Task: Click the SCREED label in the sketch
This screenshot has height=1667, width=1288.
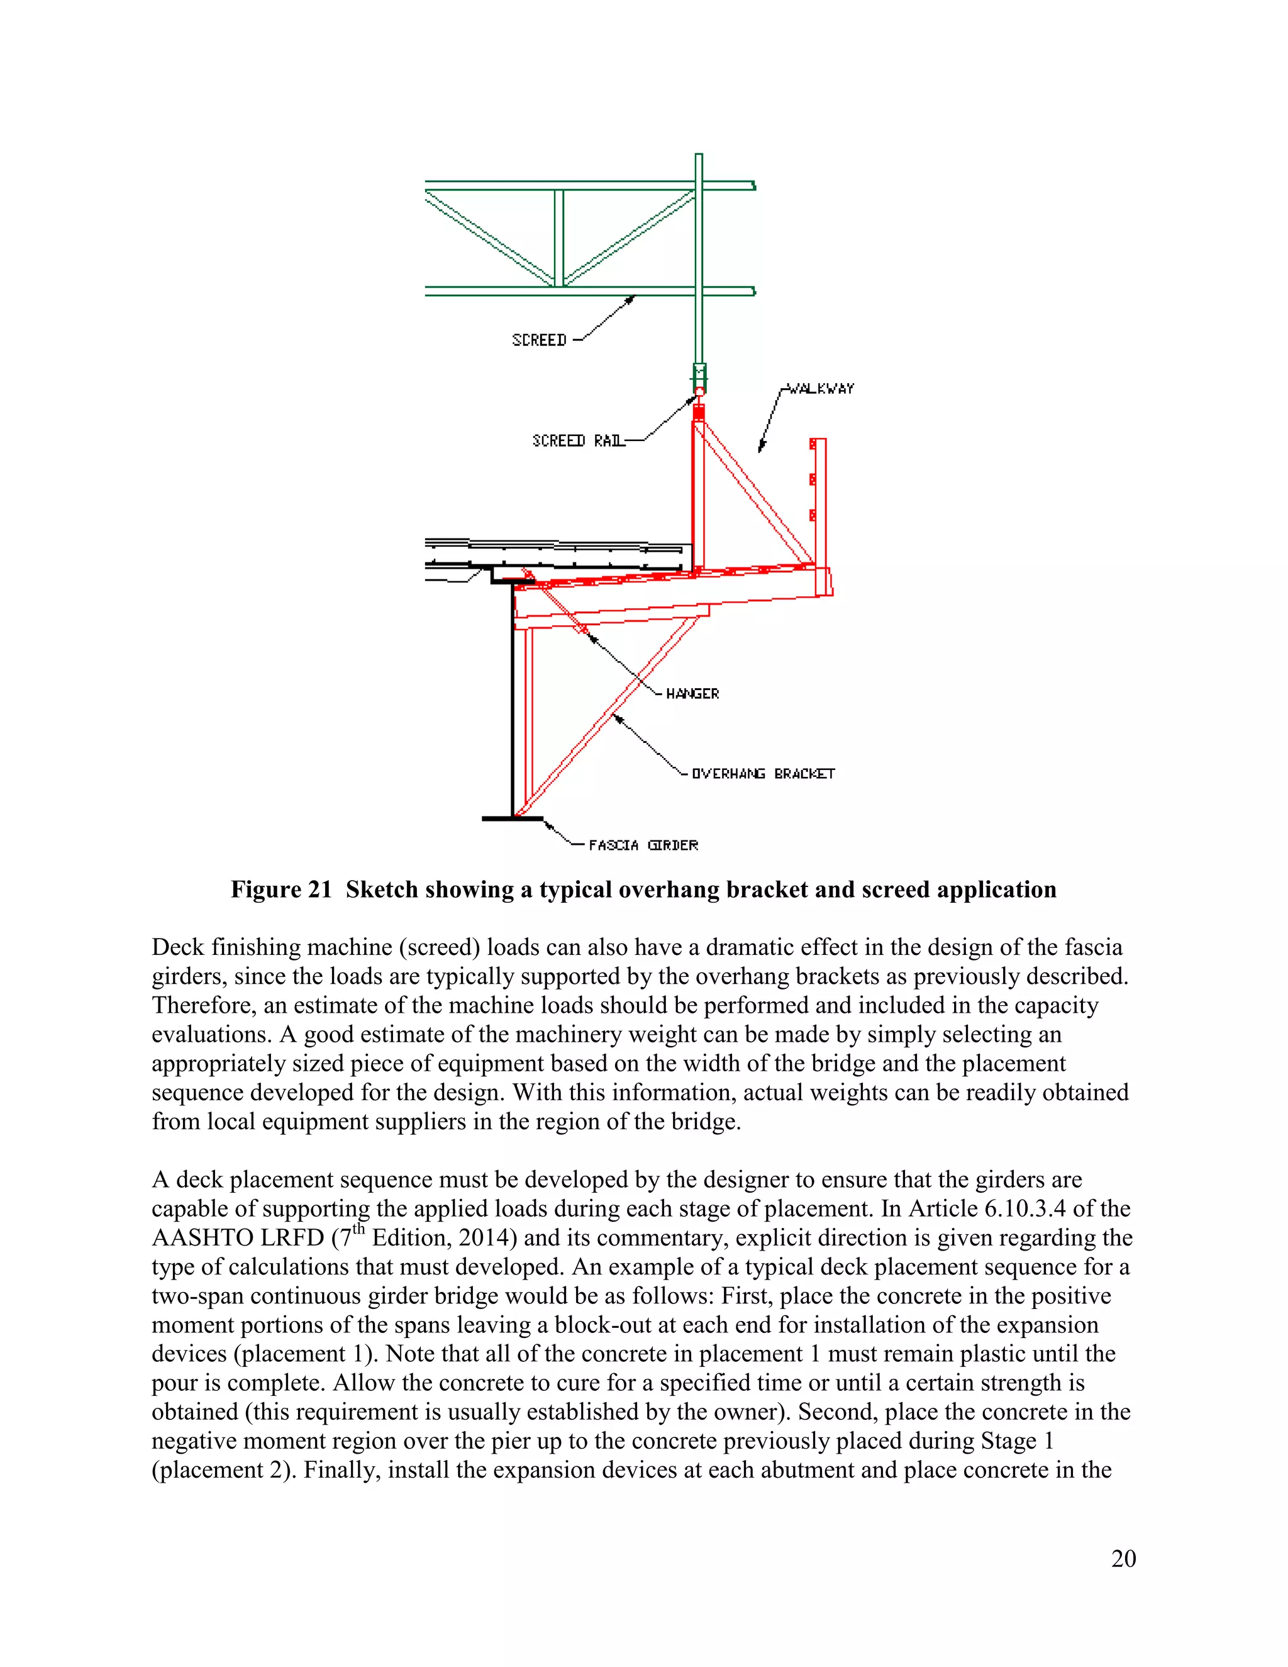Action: [x=539, y=340]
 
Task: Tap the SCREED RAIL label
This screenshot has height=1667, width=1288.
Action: [x=579, y=441]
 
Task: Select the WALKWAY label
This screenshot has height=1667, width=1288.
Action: [x=820, y=389]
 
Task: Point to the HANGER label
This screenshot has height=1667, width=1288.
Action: [x=692, y=694]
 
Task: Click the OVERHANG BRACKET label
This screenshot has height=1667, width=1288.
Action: [x=763, y=774]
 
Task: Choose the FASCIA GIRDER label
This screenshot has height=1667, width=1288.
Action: [x=643, y=845]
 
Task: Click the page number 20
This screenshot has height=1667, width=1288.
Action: [x=1123, y=1559]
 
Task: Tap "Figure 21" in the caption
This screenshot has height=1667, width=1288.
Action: [x=280, y=890]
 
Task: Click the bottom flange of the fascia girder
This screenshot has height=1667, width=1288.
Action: [x=512, y=819]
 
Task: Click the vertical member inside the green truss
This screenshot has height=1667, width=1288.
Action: [x=558, y=238]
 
